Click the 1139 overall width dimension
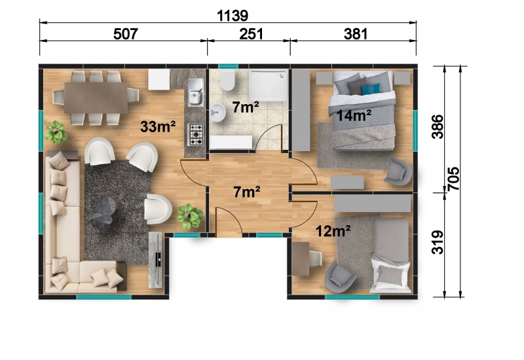point(233,15)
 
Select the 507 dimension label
point(126,34)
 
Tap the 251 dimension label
point(252,34)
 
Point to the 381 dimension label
point(356,34)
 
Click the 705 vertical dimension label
point(453,179)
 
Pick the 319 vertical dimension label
point(438,242)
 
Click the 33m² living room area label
point(158,126)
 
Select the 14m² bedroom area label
point(354,116)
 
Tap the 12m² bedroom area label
point(333,231)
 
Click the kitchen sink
point(196,92)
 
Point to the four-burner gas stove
point(196,134)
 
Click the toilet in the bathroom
point(227,80)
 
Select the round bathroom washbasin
point(218,112)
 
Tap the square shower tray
point(269,85)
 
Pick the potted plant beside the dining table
point(56,132)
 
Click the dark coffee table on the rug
point(103,212)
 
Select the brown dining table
point(96,98)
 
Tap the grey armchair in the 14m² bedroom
point(399,171)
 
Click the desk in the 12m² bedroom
point(301,259)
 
